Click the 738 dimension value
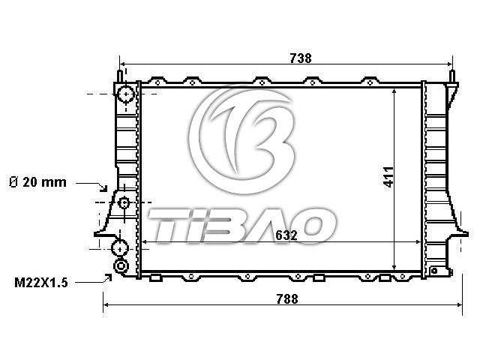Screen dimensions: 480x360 (x=300, y=58)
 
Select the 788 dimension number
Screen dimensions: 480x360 (x=287, y=299)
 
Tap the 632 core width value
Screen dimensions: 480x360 (x=286, y=235)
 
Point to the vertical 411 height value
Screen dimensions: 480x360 (x=388, y=177)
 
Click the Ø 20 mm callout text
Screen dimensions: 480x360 (x=37, y=182)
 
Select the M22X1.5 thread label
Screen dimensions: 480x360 (x=41, y=283)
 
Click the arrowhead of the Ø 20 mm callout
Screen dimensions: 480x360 (x=104, y=188)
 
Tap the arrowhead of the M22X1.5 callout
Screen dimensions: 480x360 (x=108, y=277)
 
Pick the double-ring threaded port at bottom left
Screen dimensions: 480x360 (x=121, y=266)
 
